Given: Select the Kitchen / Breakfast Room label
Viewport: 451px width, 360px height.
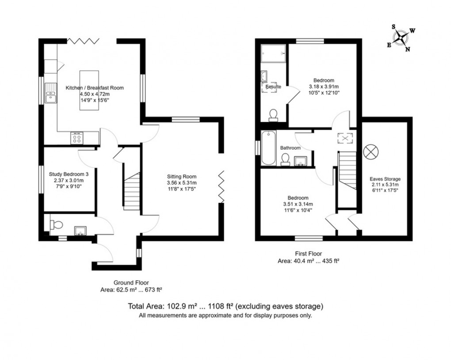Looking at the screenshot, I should [95, 88].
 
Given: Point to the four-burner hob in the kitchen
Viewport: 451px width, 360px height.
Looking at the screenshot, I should [77, 138].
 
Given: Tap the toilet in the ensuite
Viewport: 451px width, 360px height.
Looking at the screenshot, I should [274, 115].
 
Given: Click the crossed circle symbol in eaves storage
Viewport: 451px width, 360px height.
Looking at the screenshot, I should [371, 152].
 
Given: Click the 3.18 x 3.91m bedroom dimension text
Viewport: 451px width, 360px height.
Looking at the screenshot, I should [324, 87].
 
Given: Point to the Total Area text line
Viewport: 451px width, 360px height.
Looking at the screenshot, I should [225, 306].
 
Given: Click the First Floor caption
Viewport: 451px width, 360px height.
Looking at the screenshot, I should [308, 253].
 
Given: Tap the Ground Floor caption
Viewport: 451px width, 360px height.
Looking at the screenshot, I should [131, 283].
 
